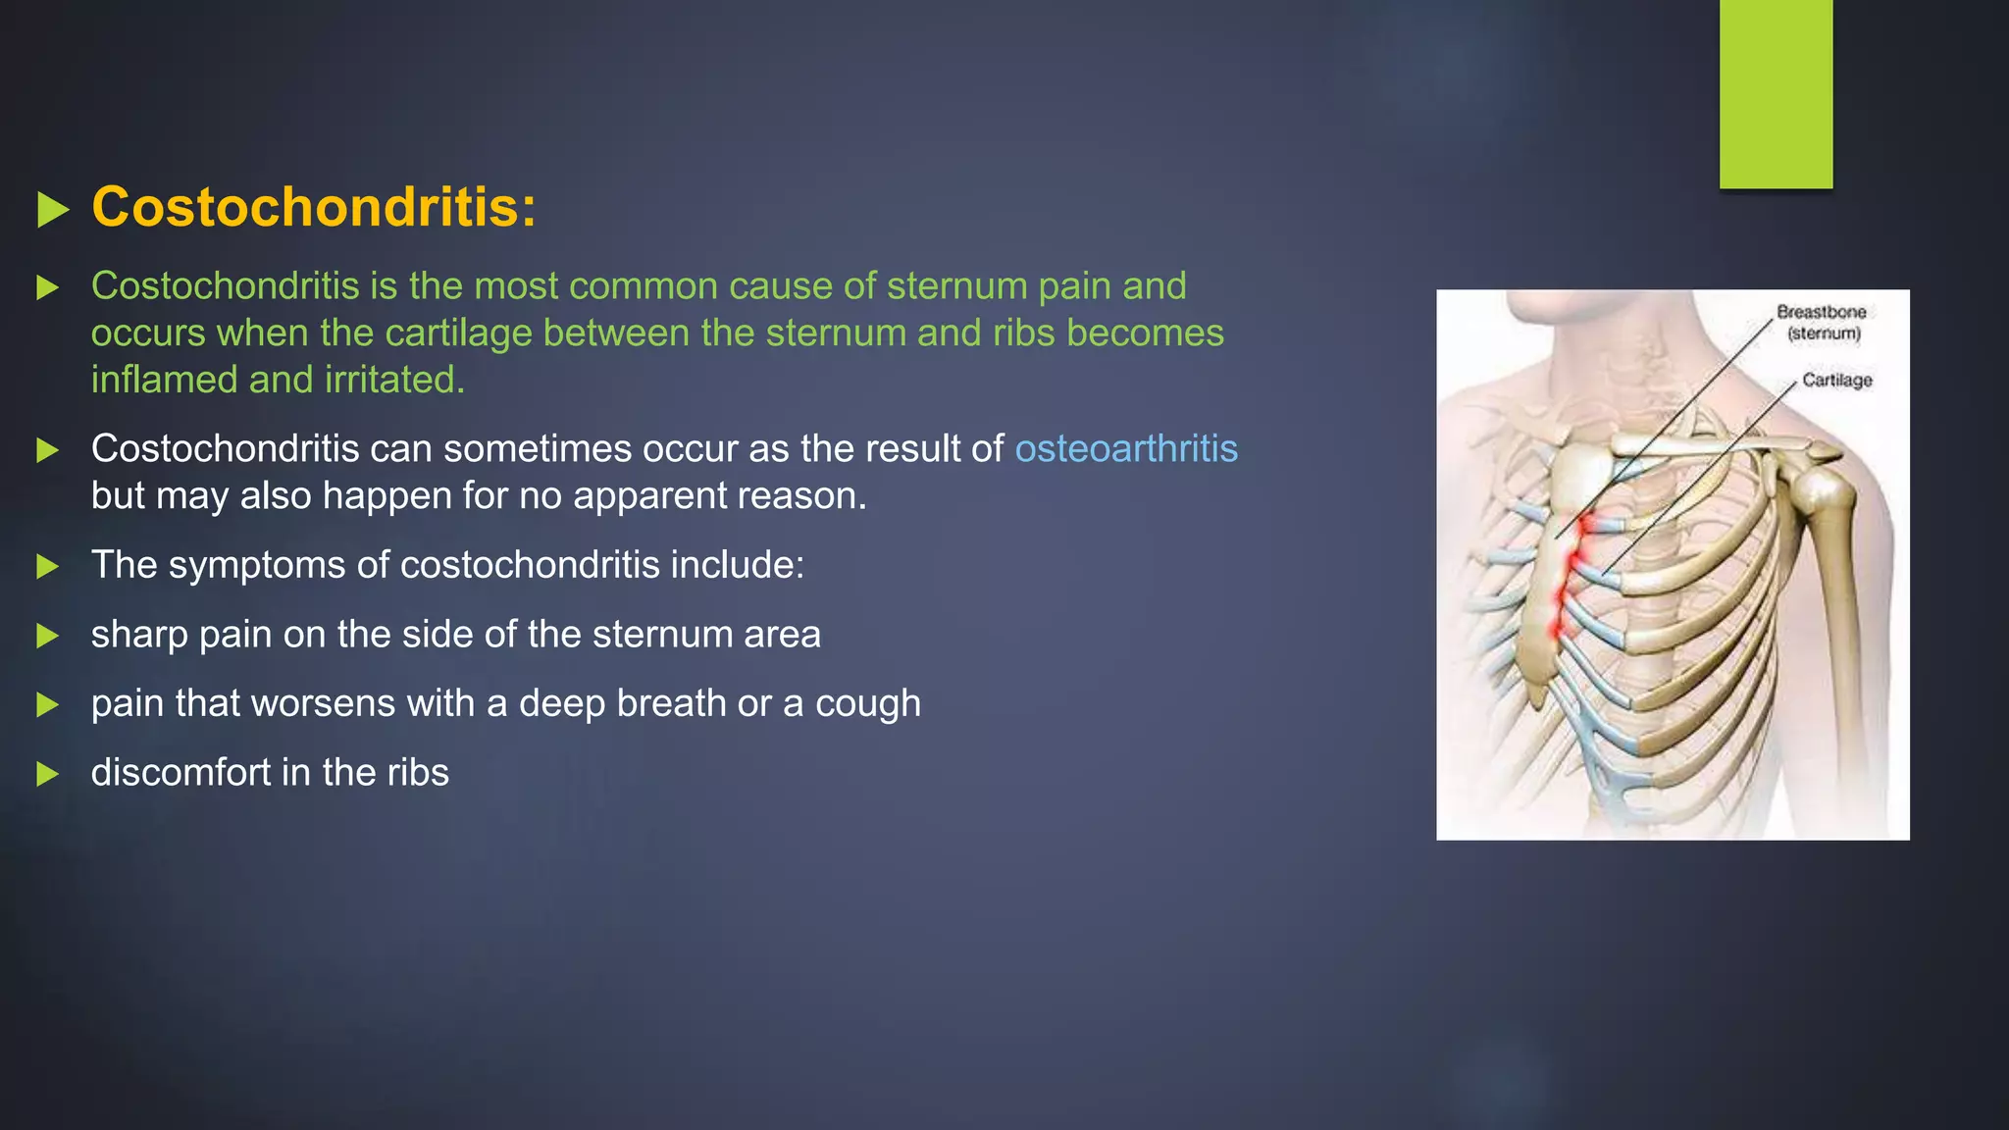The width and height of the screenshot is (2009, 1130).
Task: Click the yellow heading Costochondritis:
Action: [314, 208]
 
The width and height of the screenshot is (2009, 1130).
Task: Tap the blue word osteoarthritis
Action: [1125, 449]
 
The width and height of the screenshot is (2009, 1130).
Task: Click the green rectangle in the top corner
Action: [1776, 93]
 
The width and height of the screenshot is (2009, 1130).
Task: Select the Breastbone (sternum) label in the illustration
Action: [1822, 323]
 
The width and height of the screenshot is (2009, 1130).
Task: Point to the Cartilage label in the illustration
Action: [1836, 381]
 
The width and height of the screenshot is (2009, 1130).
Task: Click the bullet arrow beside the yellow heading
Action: [52, 210]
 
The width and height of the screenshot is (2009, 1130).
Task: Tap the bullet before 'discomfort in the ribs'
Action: [47, 774]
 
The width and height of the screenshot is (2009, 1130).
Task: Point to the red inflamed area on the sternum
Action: [1569, 579]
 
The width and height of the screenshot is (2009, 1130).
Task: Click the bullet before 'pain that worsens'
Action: [47, 704]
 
